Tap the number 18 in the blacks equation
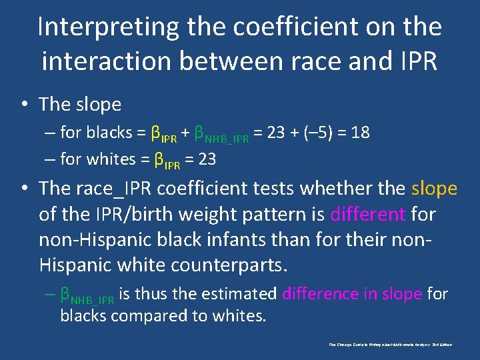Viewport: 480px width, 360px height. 360,133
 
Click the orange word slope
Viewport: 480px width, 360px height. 434,189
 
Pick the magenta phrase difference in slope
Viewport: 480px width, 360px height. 351,293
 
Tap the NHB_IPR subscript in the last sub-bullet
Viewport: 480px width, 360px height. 93,298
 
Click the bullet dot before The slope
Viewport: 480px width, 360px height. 24,105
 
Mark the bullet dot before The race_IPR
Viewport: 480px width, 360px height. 24,189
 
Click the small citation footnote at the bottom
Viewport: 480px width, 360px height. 390,345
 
